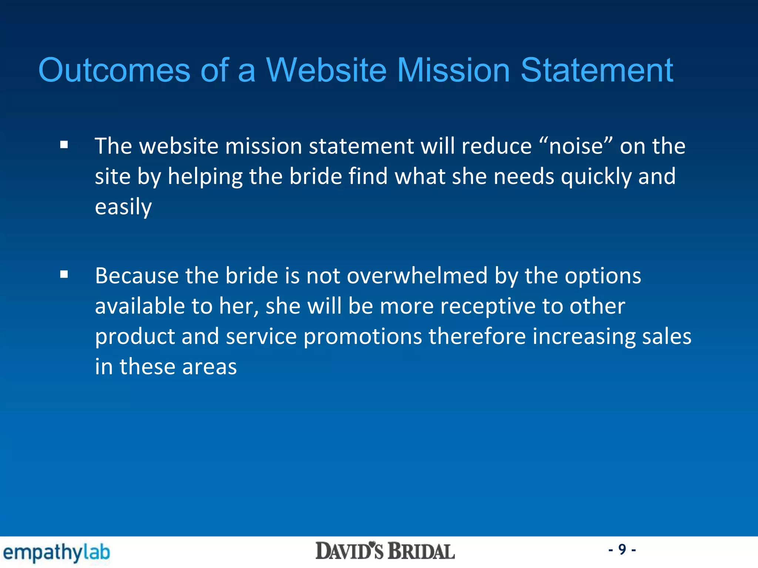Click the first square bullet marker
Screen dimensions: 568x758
(64, 145)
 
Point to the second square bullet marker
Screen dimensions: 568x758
(64, 274)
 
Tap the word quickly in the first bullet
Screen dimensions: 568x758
(596, 177)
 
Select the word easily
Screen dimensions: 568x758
(123, 207)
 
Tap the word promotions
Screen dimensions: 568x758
(362, 337)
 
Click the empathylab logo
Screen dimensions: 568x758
(57, 552)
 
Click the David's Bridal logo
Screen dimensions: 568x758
(385, 551)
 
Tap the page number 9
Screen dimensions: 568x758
(622, 550)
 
